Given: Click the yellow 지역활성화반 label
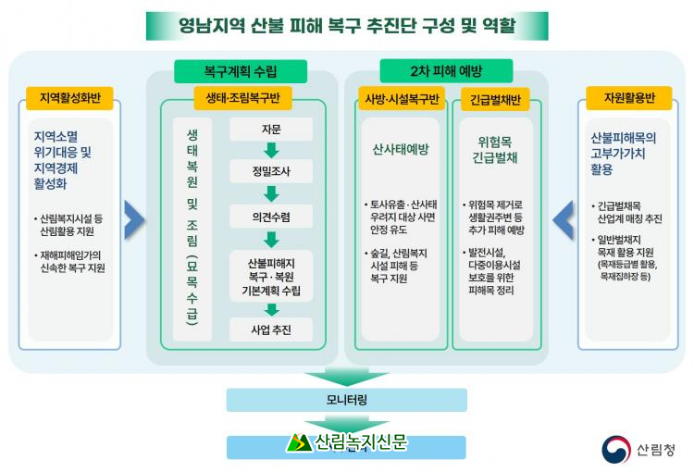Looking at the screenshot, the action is coord(69,98).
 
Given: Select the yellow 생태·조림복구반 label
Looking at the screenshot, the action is coord(242,98).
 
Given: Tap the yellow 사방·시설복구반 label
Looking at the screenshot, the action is coord(402,99).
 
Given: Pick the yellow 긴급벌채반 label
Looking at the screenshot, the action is coord(495,100).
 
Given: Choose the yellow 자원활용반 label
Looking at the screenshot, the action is coord(629,98).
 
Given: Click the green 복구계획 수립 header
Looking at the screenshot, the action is coord(241,71).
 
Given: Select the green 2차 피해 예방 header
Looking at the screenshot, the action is coord(446,71).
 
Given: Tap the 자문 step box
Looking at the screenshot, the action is coord(271,130).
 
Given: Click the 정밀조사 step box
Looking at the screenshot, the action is coord(271,171).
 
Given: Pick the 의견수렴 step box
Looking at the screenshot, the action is coord(271,217).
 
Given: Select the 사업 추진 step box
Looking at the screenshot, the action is coord(271,329).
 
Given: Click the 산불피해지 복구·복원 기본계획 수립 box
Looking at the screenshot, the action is coord(271,277).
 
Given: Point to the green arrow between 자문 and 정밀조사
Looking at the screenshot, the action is coord(271,151).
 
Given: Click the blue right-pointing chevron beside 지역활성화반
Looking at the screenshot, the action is coord(134,220).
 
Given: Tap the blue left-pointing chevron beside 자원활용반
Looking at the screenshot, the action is coord(563,220).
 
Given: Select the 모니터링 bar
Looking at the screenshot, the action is coord(347,400).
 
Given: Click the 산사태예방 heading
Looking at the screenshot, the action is coord(401,149).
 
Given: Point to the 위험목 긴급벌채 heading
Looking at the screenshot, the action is coord(495,150).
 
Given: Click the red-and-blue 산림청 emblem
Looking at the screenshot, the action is coord(615,450).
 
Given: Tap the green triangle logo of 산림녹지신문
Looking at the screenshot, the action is coord(299,442).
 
